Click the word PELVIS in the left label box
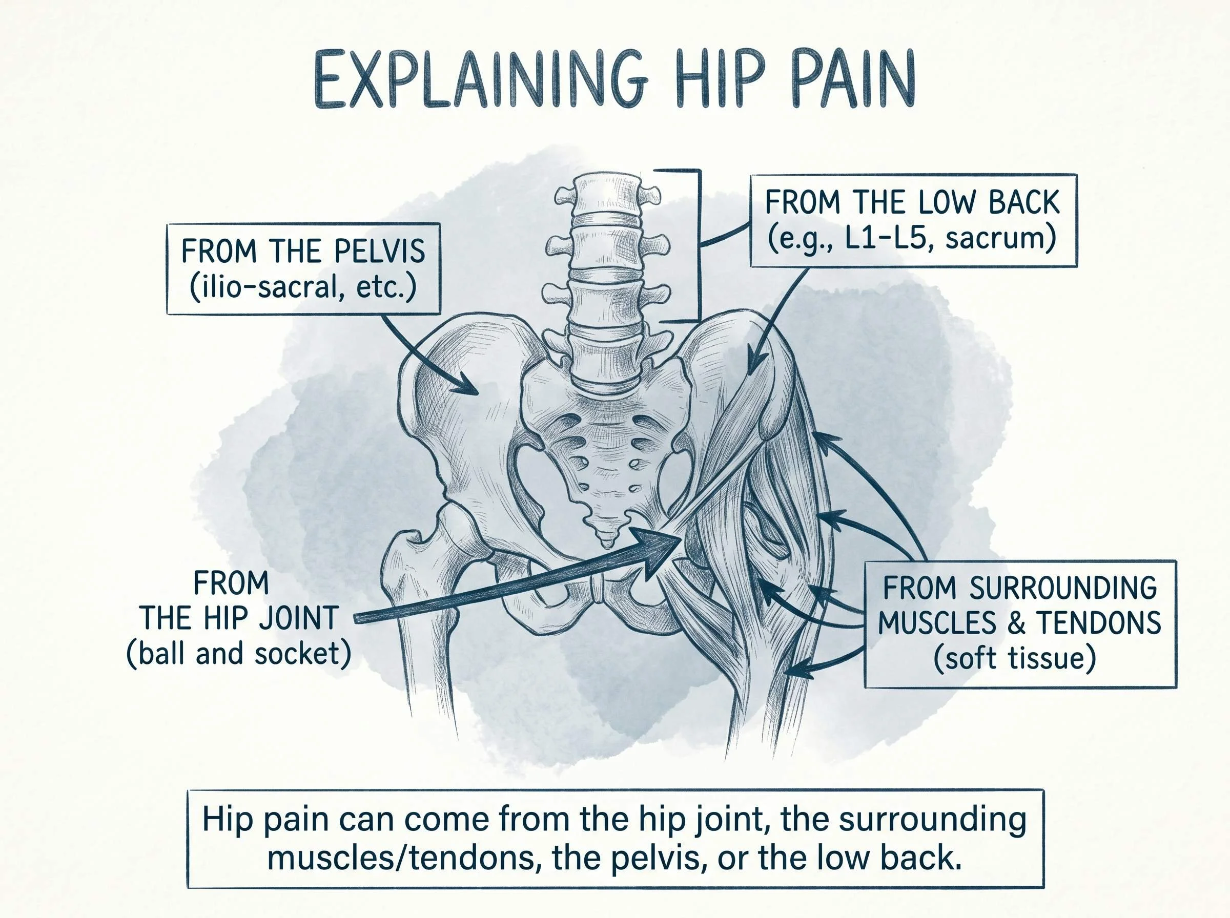coord(380,252)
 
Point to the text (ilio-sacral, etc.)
coord(303,288)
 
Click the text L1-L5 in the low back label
coord(884,239)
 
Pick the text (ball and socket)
coord(239,654)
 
